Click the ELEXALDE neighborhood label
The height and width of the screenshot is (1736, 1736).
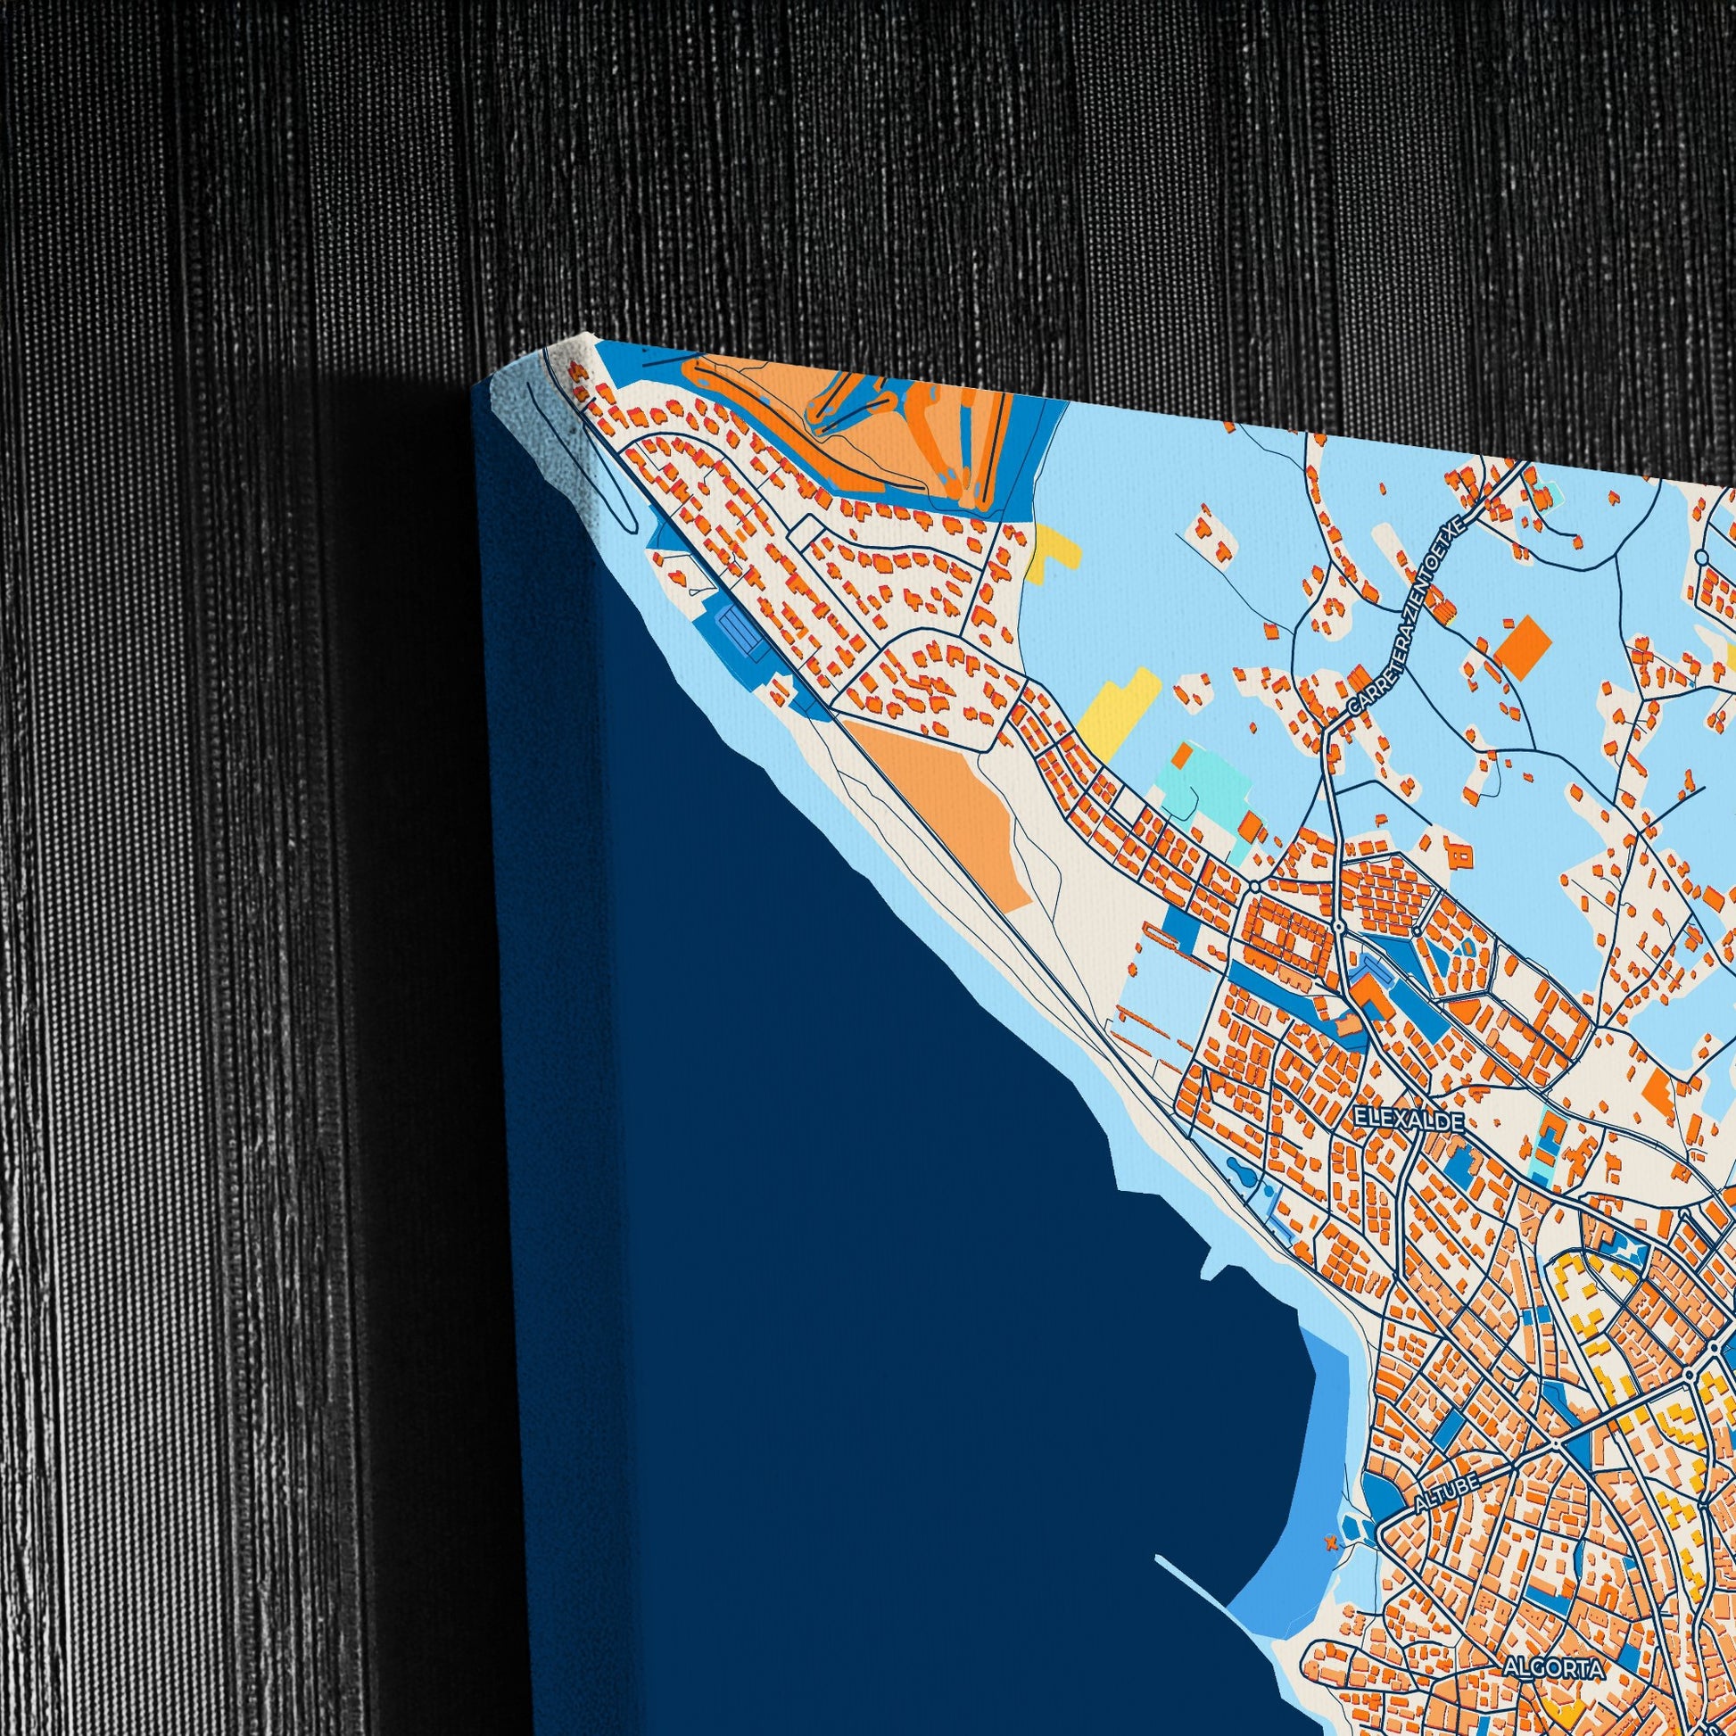[x=1409, y=1121]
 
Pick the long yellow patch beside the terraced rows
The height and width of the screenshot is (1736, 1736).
[x=1119, y=709]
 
